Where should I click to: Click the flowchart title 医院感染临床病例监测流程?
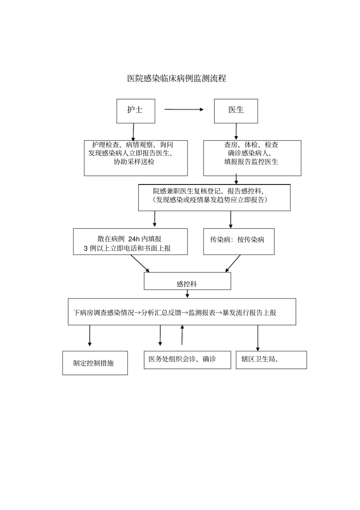pos(177,78)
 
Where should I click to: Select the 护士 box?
pos(136,111)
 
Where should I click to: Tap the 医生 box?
pos(236,111)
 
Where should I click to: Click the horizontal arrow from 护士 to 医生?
pos(184,110)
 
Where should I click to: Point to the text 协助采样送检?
pos(134,162)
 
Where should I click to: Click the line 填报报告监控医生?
pos(251,162)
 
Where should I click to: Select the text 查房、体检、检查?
pos(251,145)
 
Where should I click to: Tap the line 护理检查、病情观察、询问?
pos(133,145)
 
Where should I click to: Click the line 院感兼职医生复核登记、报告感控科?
pos(208,191)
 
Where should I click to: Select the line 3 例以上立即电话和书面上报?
pos(127,249)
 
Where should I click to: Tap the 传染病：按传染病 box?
pos(239,241)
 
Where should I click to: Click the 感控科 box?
pos(187,281)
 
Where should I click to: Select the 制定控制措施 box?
pos(95,363)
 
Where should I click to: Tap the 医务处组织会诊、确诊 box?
pos(187,360)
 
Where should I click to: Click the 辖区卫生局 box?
pos(271,360)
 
